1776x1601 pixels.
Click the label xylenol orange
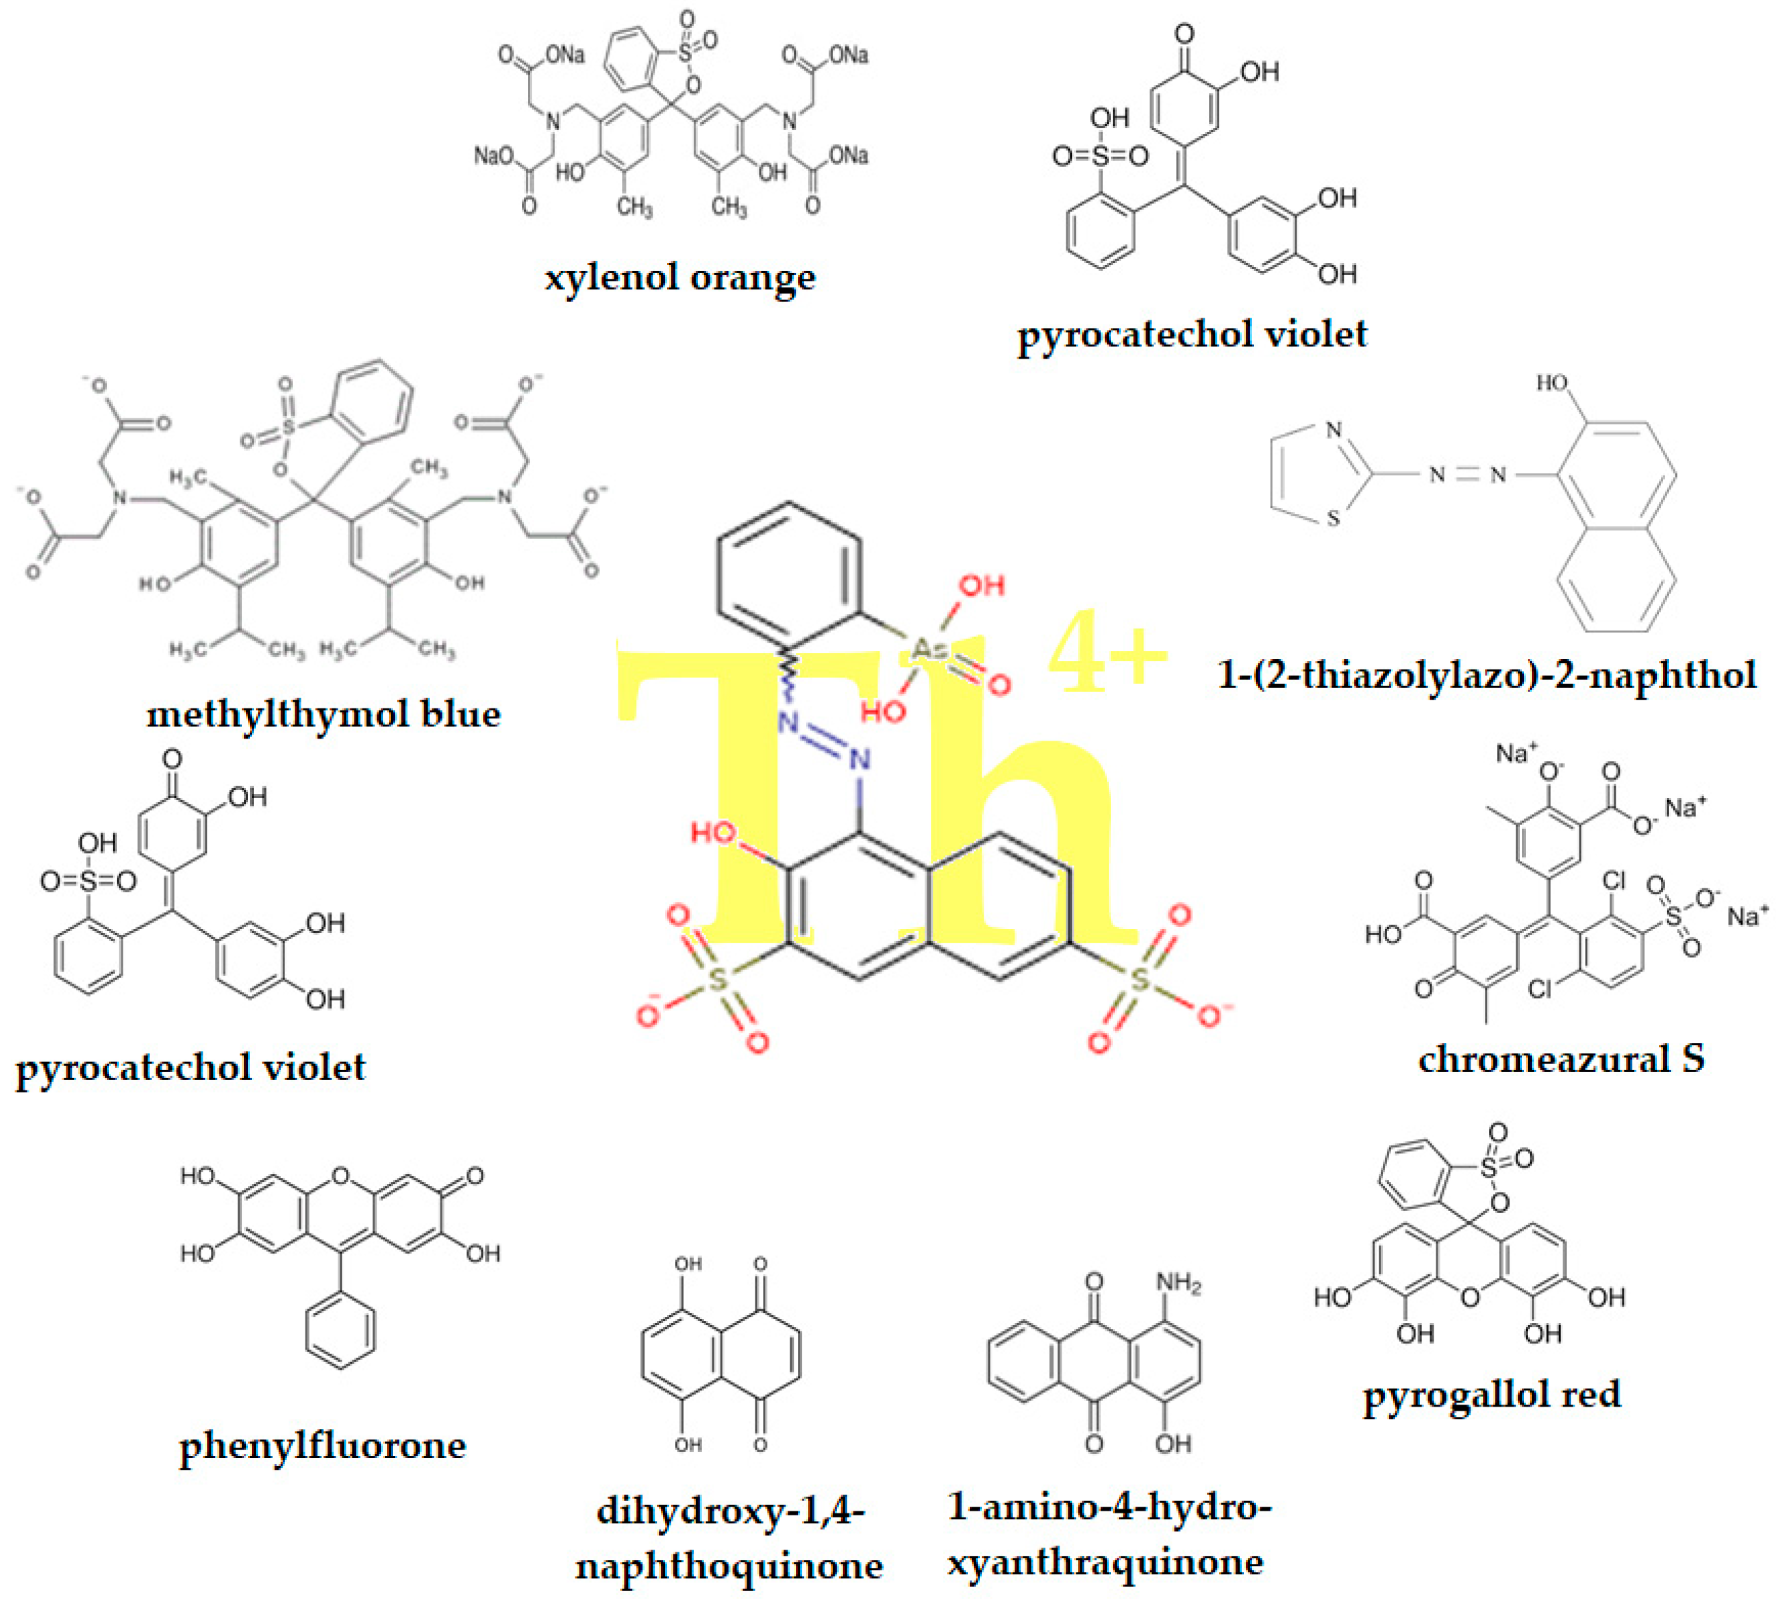679,278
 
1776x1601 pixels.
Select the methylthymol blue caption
323,713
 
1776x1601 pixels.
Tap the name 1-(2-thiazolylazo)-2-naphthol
1486,675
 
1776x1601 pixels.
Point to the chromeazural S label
1561,1058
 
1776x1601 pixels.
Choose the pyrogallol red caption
1492,1394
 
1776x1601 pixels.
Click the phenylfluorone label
322,1446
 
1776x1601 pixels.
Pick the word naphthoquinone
729,1566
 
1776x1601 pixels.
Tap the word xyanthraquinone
1105,1562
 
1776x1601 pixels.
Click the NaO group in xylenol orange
494,157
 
